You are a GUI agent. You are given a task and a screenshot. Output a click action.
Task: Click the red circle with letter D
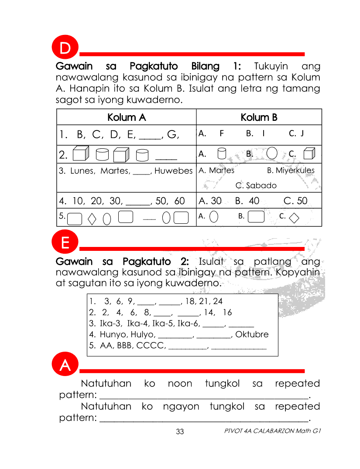[65, 48]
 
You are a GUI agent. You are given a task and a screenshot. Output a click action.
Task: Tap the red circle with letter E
[65, 243]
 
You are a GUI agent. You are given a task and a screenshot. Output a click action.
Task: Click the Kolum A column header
[127, 117]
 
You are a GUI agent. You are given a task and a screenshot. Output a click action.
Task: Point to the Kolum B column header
[259, 117]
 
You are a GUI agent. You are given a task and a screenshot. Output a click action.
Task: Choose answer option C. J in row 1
[296, 134]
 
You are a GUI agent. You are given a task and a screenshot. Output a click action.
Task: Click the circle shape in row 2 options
[271, 154]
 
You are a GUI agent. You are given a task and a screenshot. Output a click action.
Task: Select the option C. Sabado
[256, 185]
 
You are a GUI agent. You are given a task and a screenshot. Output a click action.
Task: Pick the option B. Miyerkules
[291, 171]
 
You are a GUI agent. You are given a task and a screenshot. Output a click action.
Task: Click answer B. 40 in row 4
[247, 201]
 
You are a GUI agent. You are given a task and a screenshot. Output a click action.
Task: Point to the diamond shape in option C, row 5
[294, 217]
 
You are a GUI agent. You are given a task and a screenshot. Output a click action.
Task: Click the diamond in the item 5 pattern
[92, 218]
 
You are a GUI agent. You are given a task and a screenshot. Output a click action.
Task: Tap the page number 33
[180, 432]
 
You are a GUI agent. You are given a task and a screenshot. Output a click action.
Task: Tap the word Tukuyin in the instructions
[271, 66]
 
